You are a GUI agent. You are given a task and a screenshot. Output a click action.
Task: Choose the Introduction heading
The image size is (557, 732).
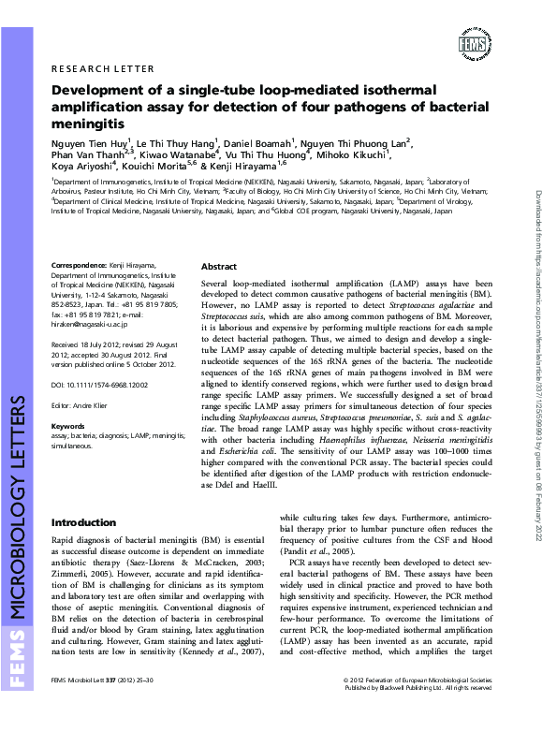[83, 521]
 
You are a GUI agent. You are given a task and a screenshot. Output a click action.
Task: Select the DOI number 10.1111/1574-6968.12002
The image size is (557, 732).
[100, 385]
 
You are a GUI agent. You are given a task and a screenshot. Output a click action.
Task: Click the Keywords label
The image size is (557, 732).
[67, 426]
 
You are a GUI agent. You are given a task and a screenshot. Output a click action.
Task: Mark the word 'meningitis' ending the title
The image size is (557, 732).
[87, 123]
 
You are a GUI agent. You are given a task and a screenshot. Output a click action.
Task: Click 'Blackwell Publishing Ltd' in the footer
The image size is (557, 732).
[409, 713]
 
